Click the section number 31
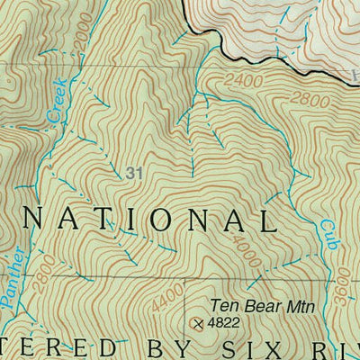pyautogui.click(x=135, y=172)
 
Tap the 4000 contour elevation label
pyautogui.click(x=248, y=249)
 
